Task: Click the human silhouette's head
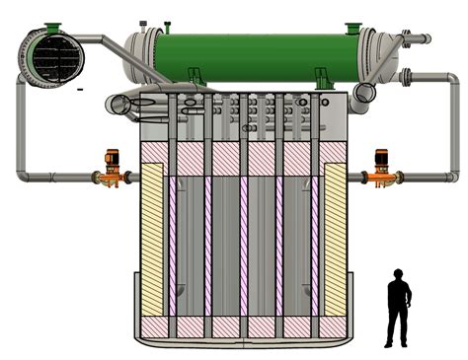pos(398,275)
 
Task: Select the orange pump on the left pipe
pos(111,169)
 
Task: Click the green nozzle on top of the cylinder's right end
pos(352,28)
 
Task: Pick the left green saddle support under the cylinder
pos(195,75)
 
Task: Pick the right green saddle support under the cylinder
pos(322,75)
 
